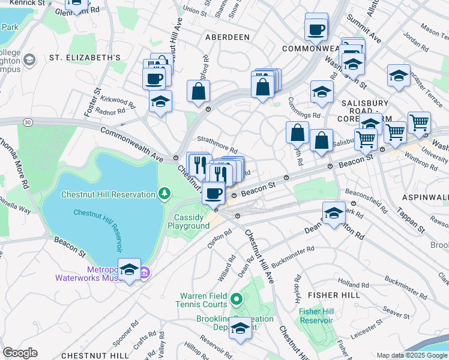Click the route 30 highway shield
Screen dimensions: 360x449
tap(28, 122)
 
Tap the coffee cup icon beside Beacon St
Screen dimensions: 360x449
tap(214, 193)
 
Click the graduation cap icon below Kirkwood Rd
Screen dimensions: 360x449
tap(160, 102)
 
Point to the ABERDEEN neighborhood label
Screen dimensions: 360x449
tap(227, 37)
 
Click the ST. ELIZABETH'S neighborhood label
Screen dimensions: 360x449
tap(85, 58)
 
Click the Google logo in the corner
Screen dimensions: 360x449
tap(20, 353)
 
